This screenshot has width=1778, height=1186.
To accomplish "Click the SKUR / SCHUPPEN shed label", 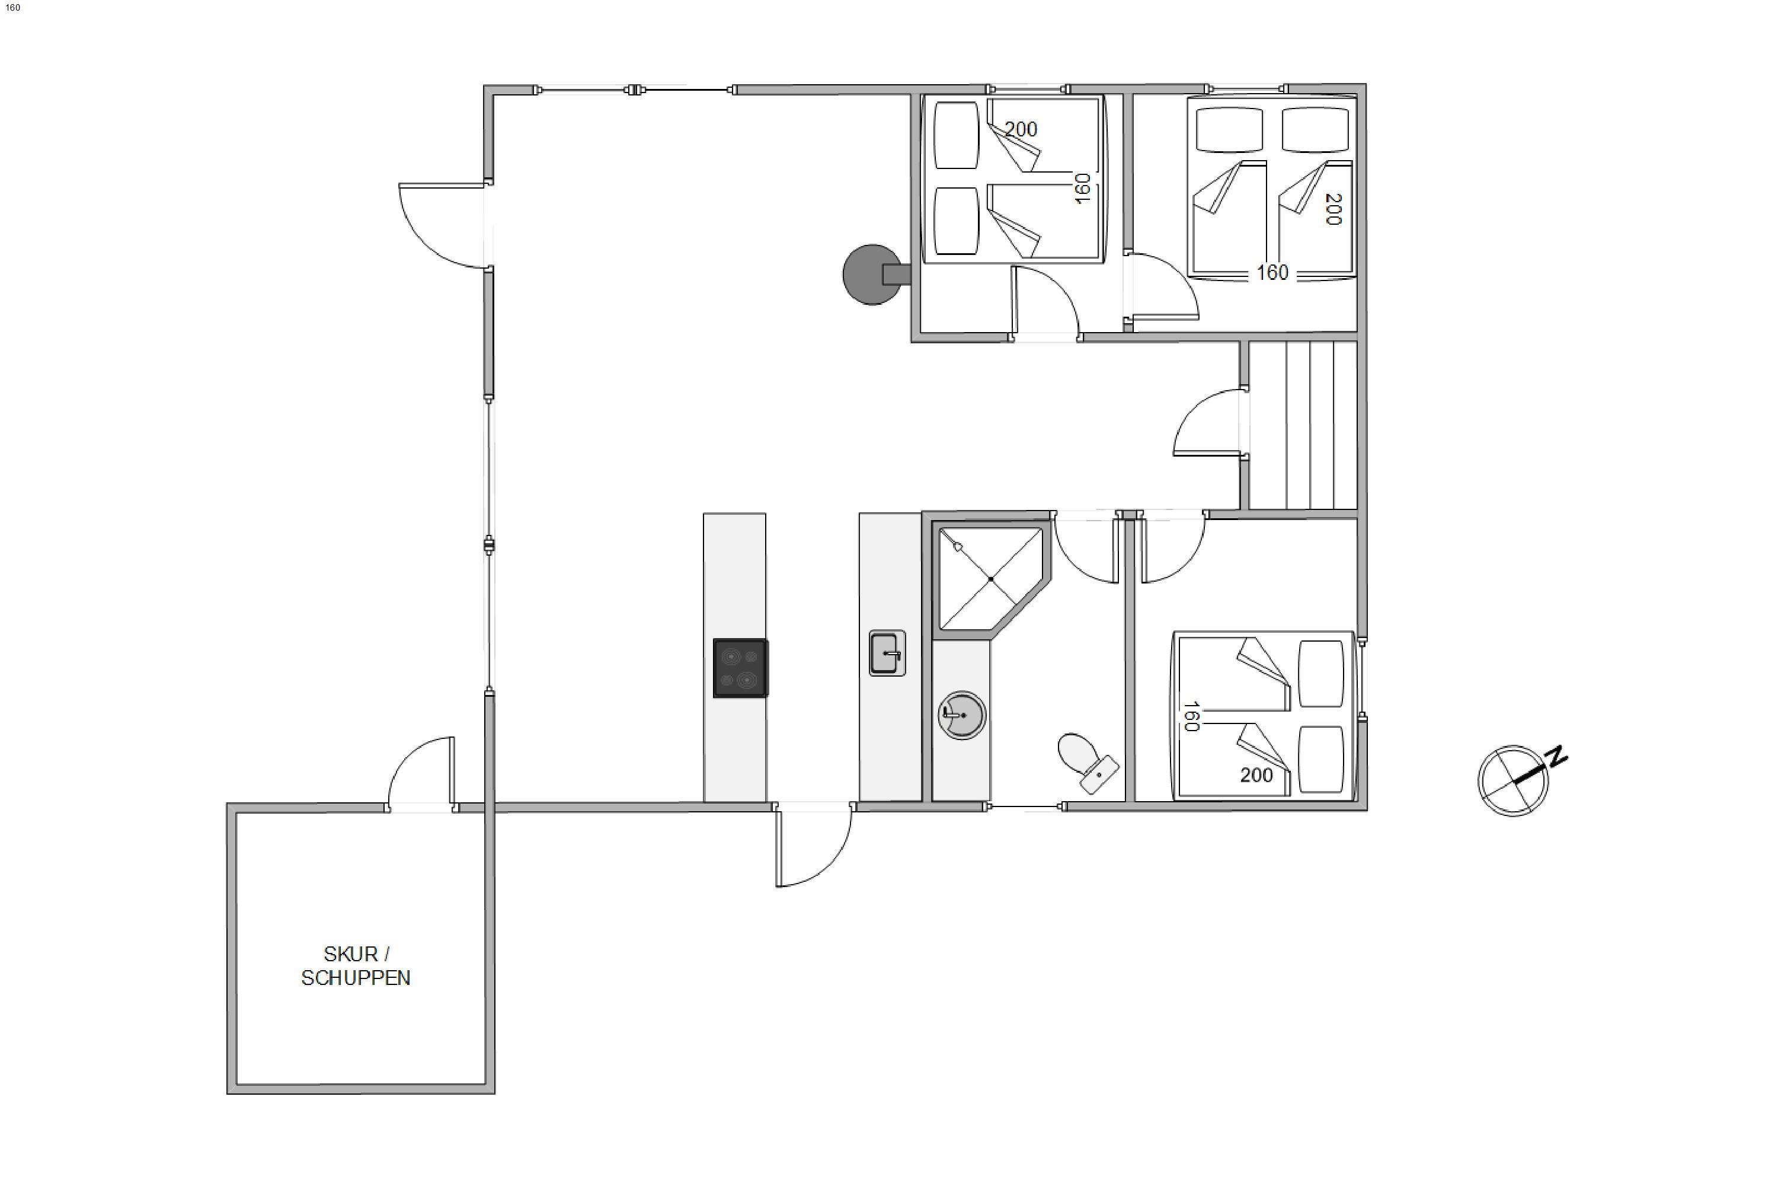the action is (x=355, y=966).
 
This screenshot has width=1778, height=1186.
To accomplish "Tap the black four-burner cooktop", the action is (x=741, y=668).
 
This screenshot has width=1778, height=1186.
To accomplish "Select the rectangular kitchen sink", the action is (x=887, y=653).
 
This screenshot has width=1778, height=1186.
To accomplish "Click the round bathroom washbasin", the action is (x=961, y=715).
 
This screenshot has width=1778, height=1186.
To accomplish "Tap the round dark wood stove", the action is (x=874, y=275).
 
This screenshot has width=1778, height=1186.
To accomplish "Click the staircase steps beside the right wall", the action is (x=1303, y=425).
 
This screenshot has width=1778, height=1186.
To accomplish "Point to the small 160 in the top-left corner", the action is (x=13, y=8).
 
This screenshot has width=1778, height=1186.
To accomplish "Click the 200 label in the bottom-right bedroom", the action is (x=1256, y=775).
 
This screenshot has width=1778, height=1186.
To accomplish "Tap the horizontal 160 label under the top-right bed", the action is (x=1272, y=272).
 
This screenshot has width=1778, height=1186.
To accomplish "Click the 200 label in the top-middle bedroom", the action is (x=1021, y=129).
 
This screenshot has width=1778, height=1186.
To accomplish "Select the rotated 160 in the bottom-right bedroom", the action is (x=1191, y=716).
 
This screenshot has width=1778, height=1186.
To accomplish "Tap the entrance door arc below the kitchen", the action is (x=830, y=864).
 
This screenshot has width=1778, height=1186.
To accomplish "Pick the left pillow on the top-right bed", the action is (x=1229, y=129).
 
